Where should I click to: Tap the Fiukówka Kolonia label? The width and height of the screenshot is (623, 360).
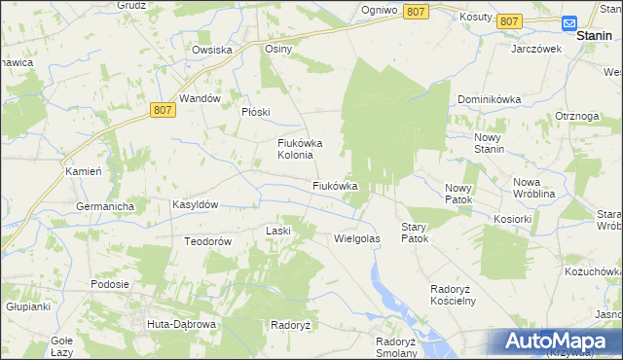[x=296, y=149]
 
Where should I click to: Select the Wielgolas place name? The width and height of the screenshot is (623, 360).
[x=356, y=237]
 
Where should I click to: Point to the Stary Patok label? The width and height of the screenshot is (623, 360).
[x=415, y=232]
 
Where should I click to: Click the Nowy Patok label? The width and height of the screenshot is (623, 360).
[x=458, y=194]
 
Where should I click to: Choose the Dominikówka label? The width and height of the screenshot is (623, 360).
[x=491, y=99]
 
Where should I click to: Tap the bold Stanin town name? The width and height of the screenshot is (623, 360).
[x=594, y=35]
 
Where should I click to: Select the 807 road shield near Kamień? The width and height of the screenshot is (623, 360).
[x=164, y=113]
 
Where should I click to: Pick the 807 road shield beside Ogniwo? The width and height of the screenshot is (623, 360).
[x=415, y=11]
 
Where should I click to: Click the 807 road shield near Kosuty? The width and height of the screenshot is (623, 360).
[x=508, y=20]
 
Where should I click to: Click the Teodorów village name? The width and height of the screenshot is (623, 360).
[x=207, y=241]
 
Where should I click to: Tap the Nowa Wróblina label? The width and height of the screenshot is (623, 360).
[x=540, y=188]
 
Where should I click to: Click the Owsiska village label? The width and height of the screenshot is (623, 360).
[x=211, y=50]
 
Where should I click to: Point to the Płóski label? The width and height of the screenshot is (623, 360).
[x=255, y=112]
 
